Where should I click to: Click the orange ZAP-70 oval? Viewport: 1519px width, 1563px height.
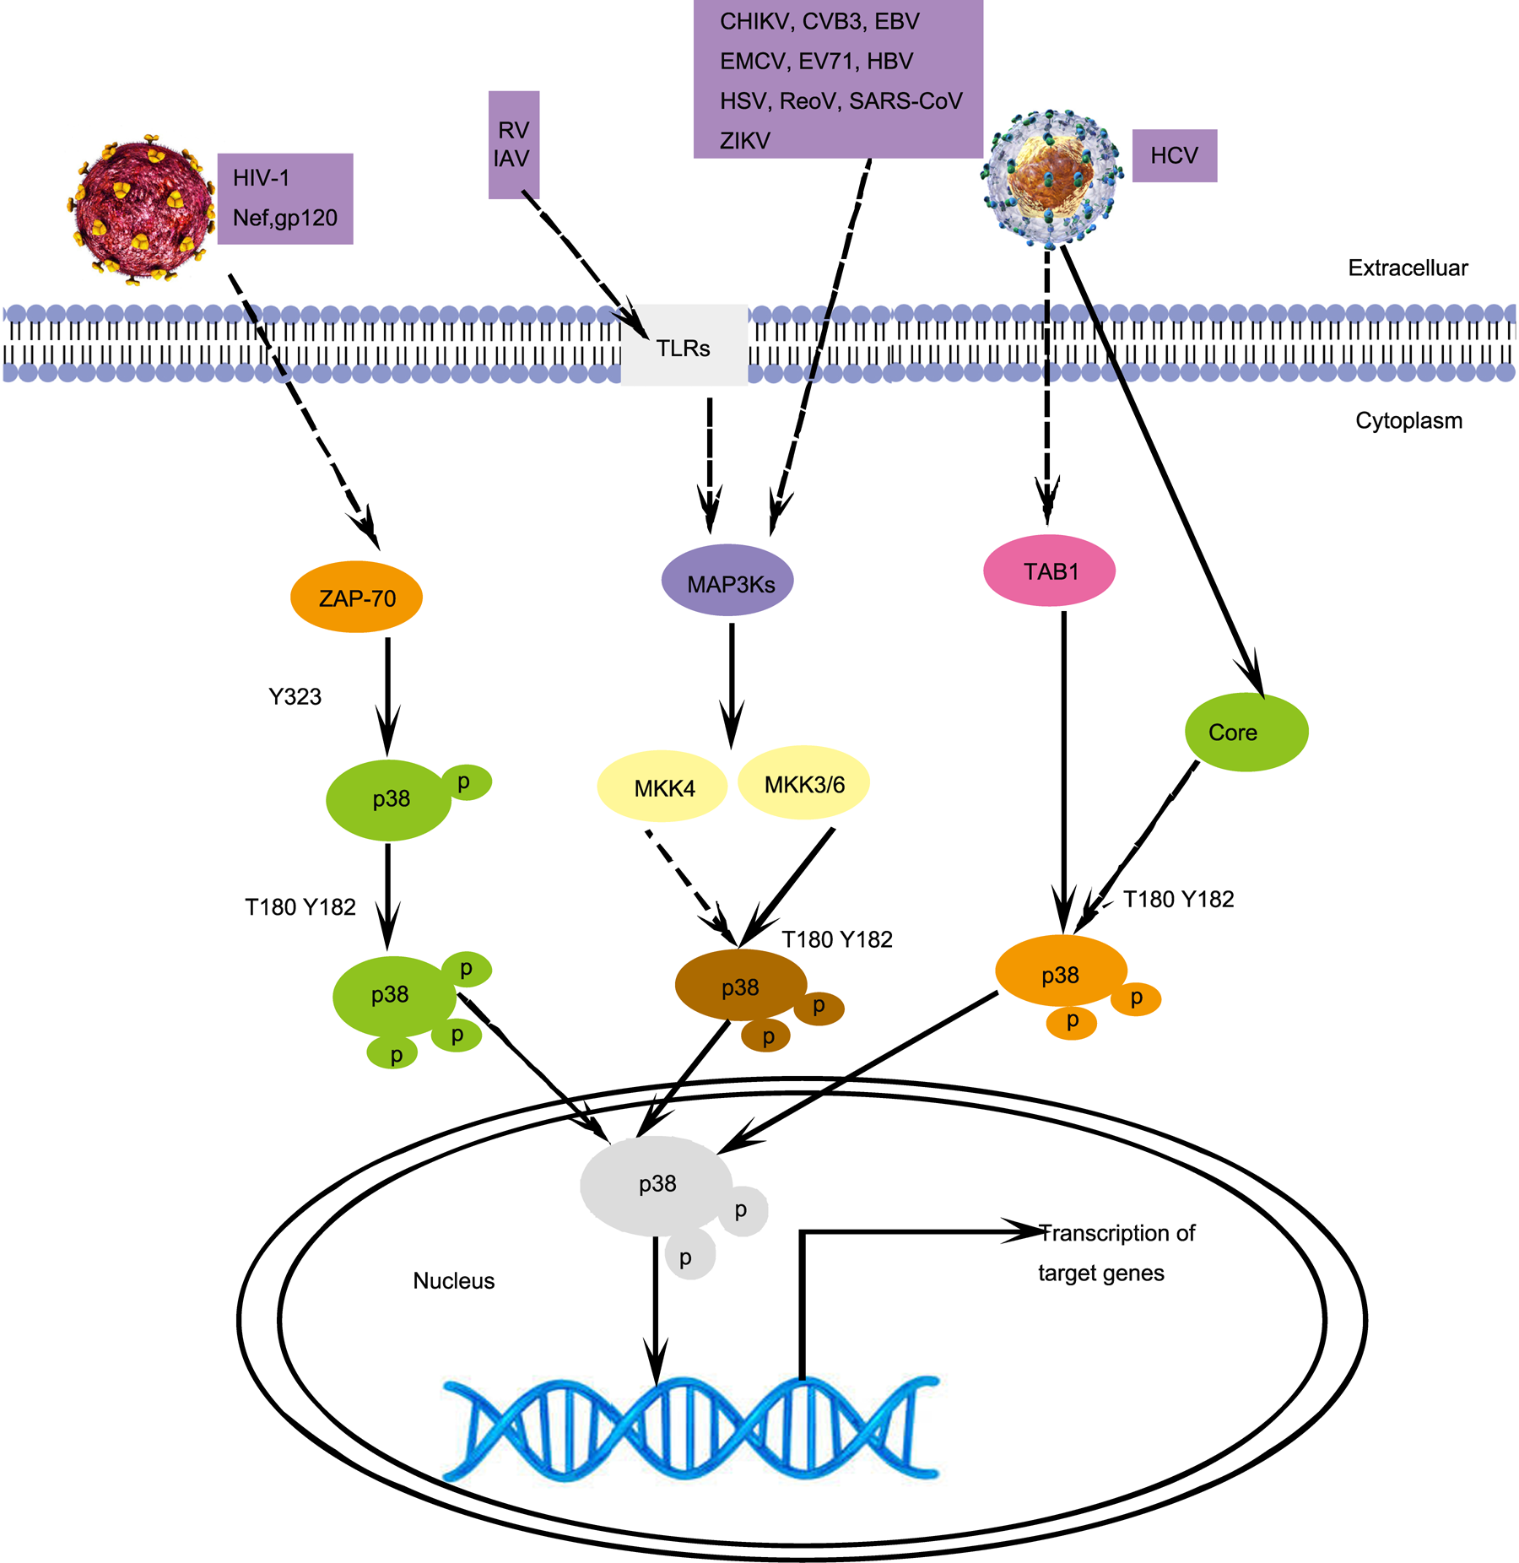[356, 598]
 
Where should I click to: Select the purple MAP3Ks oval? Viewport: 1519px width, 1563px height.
[727, 582]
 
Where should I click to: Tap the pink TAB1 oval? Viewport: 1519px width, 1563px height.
[1049, 571]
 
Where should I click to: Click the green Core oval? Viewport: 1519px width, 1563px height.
[1246, 732]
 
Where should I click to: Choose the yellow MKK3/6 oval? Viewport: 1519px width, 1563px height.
[803, 784]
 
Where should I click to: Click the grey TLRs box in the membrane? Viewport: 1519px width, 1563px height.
[684, 346]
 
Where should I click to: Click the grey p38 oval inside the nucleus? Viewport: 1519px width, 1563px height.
[657, 1183]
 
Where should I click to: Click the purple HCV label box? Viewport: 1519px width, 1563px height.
[1174, 155]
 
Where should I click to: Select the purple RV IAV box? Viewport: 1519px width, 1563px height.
[513, 144]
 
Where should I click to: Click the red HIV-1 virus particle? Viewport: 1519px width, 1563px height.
[142, 208]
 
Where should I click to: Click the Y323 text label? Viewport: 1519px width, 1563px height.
[295, 696]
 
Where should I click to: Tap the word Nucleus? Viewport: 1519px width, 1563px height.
[453, 1280]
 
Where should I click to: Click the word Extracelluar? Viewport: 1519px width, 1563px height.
[1407, 268]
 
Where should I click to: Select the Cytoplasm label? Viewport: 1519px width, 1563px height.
[1408, 420]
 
